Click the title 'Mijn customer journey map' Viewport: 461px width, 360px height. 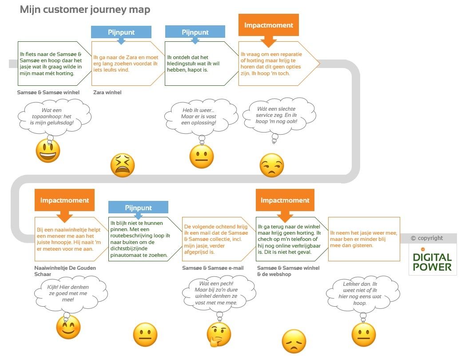click(85, 10)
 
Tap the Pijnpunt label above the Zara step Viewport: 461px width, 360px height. click(121, 32)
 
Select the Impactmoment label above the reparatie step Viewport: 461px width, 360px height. click(268, 25)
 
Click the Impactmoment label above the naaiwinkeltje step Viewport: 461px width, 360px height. click(64, 200)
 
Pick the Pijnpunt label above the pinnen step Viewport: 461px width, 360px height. click(138, 208)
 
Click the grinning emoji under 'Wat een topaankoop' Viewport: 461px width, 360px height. click(48, 151)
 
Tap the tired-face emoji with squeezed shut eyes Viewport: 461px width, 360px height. click(122, 166)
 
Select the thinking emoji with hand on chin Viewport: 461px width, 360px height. click(219, 334)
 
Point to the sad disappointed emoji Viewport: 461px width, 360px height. click(294, 341)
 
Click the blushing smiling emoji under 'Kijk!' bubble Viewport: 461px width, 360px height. click(68, 328)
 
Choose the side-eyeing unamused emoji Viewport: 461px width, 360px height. click(271, 165)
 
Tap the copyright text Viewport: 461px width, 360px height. click(427, 238)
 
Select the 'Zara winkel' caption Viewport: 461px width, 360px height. click(107, 92)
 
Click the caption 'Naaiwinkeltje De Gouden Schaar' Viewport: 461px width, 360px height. click(65, 271)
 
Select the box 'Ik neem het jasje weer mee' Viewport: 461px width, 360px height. click(364, 239)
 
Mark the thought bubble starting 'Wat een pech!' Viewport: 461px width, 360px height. click(216, 293)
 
